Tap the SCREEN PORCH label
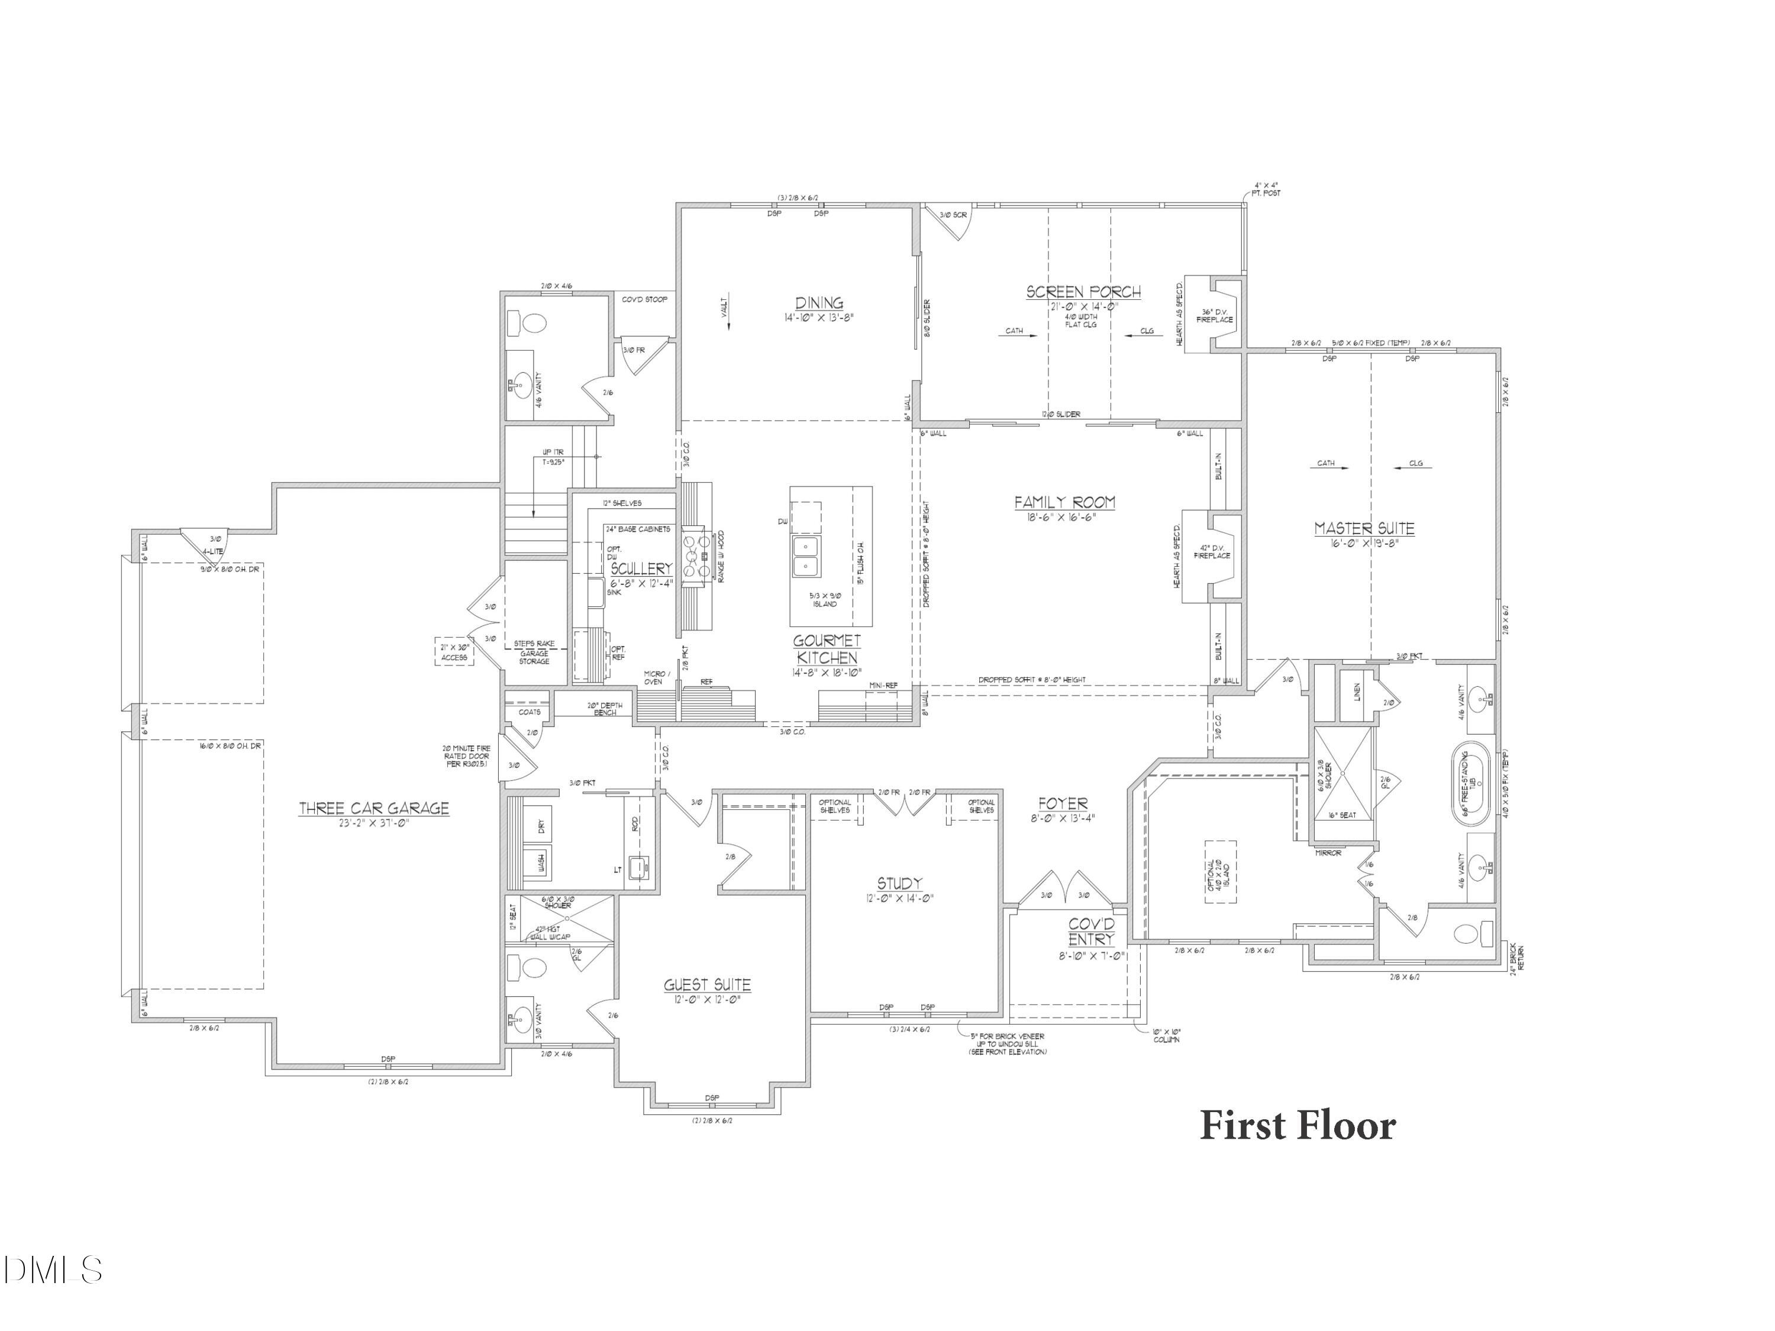click(x=1083, y=292)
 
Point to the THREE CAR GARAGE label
click(x=374, y=809)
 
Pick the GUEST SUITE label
click(x=707, y=985)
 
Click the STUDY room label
click(x=899, y=883)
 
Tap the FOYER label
click(x=1063, y=804)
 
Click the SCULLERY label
click(x=641, y=568)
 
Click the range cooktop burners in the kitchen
click(x=692, y=556)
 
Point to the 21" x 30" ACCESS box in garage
click(x=454, y=652)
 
